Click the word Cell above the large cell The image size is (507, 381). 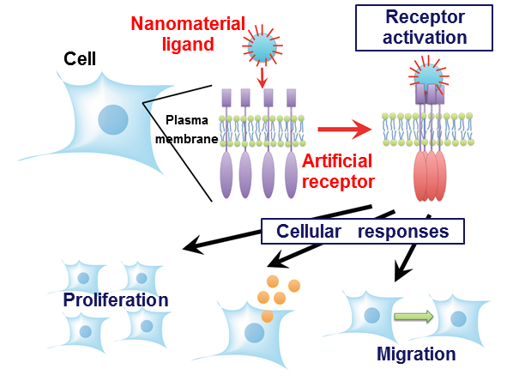(80, 59)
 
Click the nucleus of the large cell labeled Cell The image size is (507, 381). (113, 119)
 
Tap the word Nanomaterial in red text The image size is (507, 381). (188, 24)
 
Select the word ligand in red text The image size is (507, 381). (188, 44)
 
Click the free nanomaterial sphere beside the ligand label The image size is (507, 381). (263, 46)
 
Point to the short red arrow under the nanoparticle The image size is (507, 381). (263, 77)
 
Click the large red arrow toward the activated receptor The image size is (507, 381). (345, 130)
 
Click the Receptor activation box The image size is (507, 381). (425, 27)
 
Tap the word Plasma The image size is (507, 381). (187, 120)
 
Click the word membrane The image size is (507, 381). (187, 139)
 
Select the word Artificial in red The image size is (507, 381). (337, 161)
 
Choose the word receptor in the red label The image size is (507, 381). (338, 182)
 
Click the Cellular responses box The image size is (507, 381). (363, 231)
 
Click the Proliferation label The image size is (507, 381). (116, 299)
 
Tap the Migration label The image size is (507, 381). (416, 354)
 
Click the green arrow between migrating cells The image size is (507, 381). (413, 317)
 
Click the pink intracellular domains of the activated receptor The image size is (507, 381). (430, 176)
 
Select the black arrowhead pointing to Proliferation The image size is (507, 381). (193, 245)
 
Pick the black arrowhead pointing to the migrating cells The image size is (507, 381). (401, 273)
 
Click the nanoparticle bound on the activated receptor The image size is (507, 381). (429, 76)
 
